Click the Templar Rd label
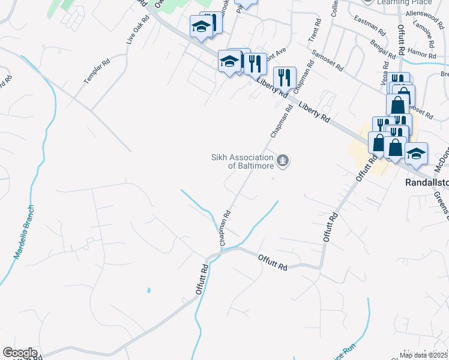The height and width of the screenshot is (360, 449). pos(97,71)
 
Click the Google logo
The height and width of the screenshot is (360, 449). pos(20,353)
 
